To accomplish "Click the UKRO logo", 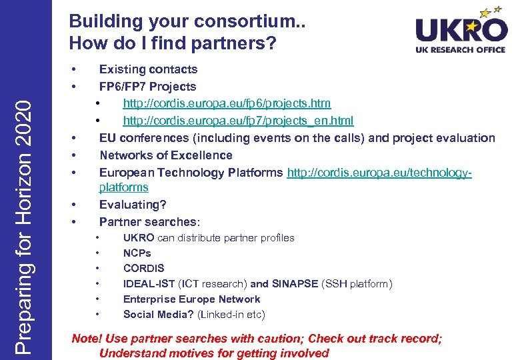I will (461, 30).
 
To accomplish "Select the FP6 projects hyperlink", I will (227, 103).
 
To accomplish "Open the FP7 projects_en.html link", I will (238, 121).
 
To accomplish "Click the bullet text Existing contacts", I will (148, 69).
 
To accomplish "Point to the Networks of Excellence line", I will (165, 155).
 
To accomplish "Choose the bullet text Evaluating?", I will (133, 205).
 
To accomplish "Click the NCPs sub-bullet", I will (137, 253).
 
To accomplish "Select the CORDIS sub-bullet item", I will (143, 269).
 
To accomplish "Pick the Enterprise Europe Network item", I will (191, 299).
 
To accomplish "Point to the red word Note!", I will (87, 339).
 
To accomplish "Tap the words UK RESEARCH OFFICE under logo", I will (460, 49).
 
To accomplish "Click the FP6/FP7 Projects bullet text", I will (147, 86).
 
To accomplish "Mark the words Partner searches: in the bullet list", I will (149, 222).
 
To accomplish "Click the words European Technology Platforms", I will (191, 173).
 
